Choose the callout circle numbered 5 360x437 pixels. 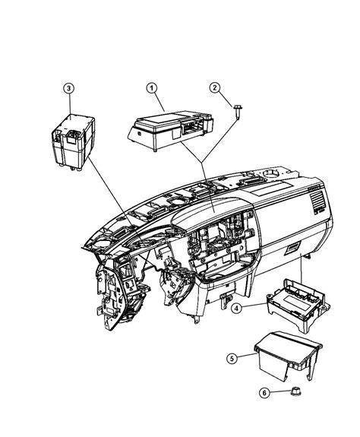(x=234, y=356)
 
